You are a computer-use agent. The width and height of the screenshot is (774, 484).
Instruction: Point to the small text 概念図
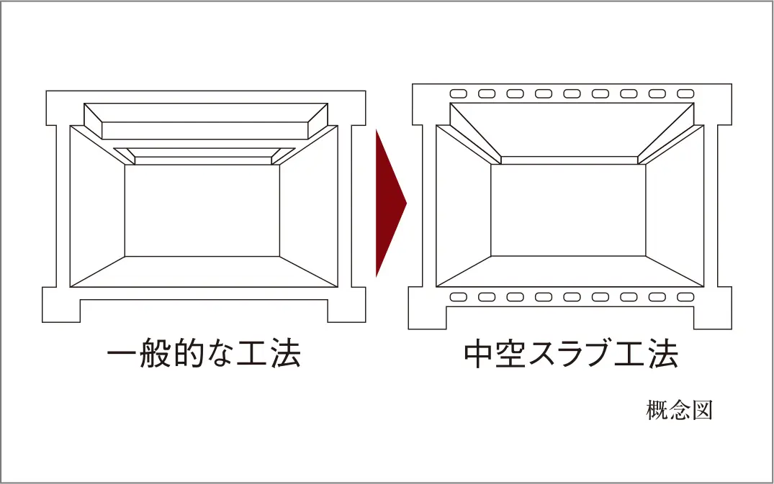tap(679, 410)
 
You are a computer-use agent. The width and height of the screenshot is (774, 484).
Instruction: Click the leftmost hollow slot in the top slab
tap(459, 93)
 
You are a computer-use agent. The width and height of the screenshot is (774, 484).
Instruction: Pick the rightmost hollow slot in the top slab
tap(685, 93)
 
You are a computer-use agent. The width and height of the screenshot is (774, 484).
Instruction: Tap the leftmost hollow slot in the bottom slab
tap(459, 297)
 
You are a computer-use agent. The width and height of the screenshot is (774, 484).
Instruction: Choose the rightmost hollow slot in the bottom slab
tap(685, 297)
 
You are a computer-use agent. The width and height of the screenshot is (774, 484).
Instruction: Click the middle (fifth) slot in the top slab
tap(572, 93)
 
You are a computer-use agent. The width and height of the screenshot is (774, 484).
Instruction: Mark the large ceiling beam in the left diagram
tap(205, 122)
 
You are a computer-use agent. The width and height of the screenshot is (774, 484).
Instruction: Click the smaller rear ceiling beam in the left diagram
tap(203, 156)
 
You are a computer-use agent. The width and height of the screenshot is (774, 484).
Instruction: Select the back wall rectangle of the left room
tap(202, 211)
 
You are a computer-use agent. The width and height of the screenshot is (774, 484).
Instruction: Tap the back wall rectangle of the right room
tap(568, 211)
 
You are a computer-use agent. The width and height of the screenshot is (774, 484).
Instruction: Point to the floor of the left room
tap(203, 272)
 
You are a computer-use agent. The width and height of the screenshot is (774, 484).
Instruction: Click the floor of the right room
tap(570, 272)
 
